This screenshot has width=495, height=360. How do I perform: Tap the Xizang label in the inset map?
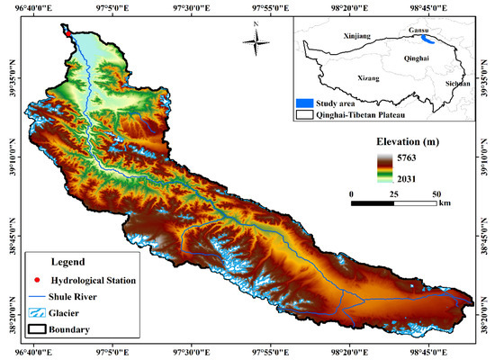tap(369, 78)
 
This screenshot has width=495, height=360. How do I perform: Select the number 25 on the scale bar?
tap(393, 193)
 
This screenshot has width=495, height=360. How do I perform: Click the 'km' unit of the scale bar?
tap(446, 203)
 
